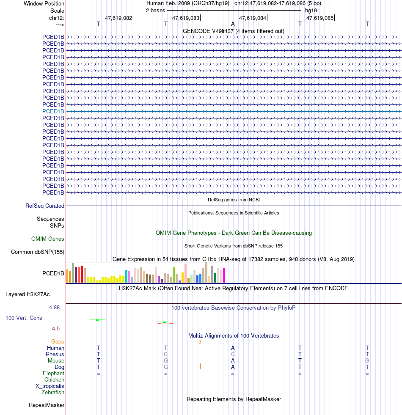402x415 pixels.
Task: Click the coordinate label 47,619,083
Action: pos(185,18)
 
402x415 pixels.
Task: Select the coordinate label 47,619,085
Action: pos(319,18)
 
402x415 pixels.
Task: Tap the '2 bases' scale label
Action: pos(155,10)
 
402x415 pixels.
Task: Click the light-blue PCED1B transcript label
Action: pos(53,111)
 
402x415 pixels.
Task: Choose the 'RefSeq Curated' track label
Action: pos(45,206)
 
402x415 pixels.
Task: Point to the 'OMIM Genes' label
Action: pos(48,239)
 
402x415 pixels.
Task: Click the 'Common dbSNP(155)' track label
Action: pos(38,252)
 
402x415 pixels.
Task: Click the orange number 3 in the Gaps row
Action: pos(200,342)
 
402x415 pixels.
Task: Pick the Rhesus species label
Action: pos(55,355)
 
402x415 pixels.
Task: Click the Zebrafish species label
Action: pos(53,393)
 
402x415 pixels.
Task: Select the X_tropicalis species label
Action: pos(50,386)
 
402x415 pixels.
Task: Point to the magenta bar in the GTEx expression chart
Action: pos(224,275)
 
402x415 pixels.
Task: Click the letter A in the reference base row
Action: pos(233,24)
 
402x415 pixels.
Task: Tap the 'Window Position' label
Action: pos(44,3)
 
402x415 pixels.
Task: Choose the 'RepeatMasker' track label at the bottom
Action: pos(47,405)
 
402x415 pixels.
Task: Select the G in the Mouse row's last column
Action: pos(367,361)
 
